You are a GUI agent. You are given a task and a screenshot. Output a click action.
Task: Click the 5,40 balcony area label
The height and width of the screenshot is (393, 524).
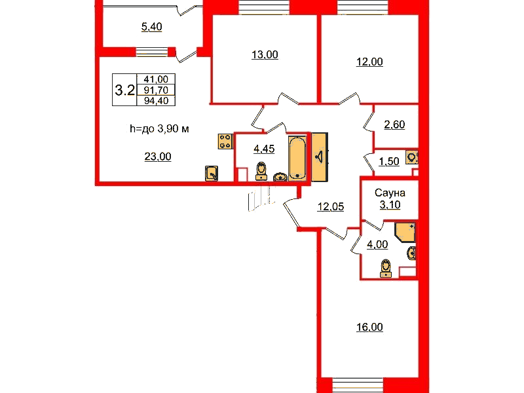(152, 26)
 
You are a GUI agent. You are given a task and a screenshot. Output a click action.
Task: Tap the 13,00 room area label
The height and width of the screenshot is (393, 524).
(265, 54)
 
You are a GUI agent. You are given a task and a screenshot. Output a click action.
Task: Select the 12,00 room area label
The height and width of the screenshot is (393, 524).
(369, 62)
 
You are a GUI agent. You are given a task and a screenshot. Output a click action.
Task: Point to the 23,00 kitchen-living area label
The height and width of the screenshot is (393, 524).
(158, 157)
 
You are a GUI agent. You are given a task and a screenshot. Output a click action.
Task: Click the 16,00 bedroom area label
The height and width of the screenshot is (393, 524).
(369, 327)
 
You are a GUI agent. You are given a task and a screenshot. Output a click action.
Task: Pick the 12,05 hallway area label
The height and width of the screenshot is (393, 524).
(331, 206)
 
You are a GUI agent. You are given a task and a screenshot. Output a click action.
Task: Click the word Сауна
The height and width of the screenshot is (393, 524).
(390, 193)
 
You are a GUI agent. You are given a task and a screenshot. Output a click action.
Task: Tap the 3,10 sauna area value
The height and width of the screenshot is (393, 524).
(390, 204)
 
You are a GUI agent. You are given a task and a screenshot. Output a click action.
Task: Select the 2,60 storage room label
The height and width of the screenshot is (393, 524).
(395, 124)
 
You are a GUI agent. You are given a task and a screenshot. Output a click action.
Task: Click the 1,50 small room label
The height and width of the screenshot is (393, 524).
(389, 162)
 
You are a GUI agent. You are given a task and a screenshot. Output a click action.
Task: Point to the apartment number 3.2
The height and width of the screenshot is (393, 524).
(124, 90)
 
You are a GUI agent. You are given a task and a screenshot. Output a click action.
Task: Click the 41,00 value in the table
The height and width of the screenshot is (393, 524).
(156, 79)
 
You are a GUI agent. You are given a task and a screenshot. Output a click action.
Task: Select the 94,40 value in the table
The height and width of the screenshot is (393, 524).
(156, 101)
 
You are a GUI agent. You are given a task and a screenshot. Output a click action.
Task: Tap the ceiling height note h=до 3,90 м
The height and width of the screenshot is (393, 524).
(159, 128)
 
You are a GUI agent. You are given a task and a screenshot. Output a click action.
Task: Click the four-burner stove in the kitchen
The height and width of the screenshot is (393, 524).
(225, 141)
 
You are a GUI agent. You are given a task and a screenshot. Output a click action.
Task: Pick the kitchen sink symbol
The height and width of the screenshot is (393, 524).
(212, 174)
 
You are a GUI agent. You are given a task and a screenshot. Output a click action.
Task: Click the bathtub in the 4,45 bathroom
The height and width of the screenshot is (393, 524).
(297, 158)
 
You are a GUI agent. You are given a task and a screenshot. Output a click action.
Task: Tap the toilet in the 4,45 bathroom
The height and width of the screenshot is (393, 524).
(261, 172)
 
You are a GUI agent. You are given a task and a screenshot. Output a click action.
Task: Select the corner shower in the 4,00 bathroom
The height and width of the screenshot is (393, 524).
(405, 232)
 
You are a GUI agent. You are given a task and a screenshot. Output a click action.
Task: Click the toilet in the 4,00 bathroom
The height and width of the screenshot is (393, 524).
(386, 269)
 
